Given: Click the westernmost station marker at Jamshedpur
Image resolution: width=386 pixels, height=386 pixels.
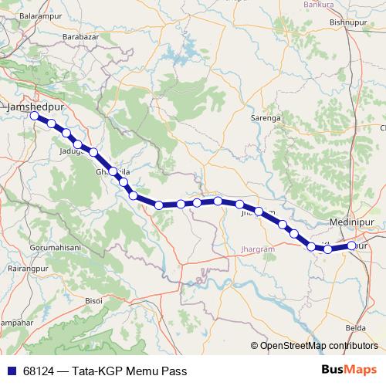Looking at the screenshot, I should point(34,117).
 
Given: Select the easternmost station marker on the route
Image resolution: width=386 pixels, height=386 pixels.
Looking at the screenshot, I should point(351,245).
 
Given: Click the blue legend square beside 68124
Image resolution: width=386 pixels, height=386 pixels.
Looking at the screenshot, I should point(10,371).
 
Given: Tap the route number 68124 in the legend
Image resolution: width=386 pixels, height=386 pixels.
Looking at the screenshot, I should point(38,371).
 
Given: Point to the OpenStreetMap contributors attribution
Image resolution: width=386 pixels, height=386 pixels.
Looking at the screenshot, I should point(317,345).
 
